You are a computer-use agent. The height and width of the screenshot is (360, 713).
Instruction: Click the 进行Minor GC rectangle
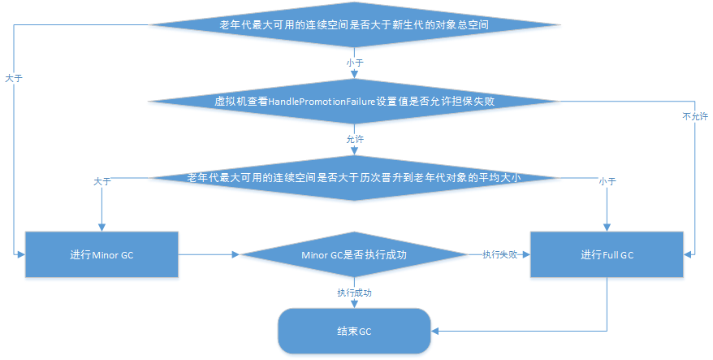102,255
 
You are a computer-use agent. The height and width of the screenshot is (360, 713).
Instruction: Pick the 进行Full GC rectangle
607,255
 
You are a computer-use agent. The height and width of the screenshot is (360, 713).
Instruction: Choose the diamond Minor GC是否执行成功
354,255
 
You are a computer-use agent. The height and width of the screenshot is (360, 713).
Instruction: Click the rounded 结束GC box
354,332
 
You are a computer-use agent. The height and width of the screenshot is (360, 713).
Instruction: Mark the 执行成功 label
354,291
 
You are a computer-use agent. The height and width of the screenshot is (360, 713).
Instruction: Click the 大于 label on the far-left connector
14,79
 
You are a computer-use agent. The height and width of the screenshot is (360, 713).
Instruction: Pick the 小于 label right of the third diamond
607,181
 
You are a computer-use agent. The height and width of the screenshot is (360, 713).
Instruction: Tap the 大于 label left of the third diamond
102,181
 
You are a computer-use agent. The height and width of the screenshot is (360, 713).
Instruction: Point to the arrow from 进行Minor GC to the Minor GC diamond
209,255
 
